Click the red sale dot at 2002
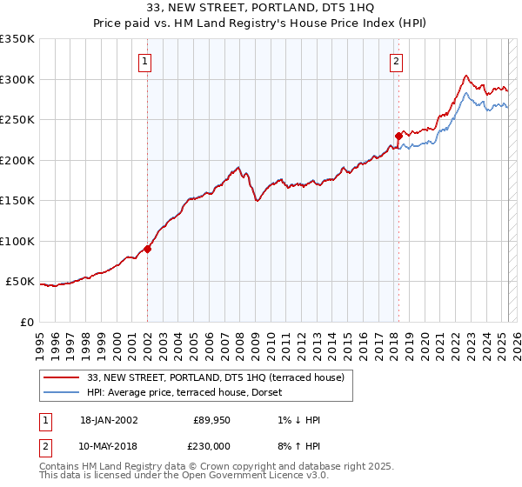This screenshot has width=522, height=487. (x=148, y=249)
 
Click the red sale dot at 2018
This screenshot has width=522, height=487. (x=398, y=136)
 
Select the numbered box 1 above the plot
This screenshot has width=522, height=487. (x=144, y=62)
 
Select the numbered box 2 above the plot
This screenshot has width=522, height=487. (x=396, y=62)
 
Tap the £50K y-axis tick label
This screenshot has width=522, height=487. (x=20, y=282)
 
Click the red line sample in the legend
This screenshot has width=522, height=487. (x=61, y=377)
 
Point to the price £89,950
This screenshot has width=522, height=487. (x=210, y=420)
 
